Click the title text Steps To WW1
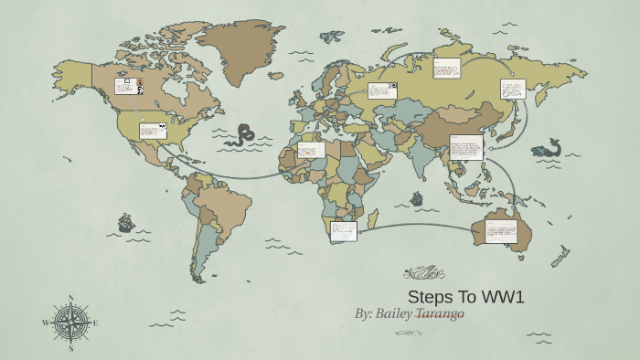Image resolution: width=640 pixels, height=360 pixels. [465, 297]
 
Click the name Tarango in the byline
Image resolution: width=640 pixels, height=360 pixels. [440, 313]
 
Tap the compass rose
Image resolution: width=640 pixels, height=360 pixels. [70, 323]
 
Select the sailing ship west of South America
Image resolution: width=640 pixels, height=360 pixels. [126, 222]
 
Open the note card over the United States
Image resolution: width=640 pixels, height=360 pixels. [153, 131]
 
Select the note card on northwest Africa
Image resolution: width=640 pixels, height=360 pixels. [311, 149]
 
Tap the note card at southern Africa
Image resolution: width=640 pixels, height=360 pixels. [344, 230]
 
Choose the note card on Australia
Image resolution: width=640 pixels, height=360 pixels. [500, 230]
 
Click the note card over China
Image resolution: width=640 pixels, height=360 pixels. [466, 147]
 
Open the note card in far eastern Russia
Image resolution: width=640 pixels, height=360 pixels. [513, 89]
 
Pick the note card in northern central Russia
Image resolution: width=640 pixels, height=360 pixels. [446, 69]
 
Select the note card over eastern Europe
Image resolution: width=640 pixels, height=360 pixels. [382, 90]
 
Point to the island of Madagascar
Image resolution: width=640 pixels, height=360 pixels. [371, 217]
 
